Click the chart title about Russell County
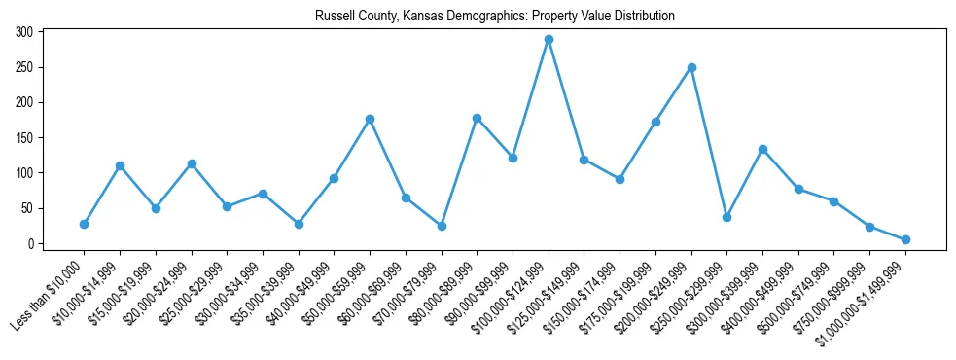point(495,17)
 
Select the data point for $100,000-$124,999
point(549,39)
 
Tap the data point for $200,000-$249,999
point(691,67)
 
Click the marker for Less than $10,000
point(84,224)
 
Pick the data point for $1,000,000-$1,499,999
point(905,239)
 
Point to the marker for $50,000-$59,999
point(370,119)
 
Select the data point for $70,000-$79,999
point(442,226)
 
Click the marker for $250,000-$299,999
point(726,217)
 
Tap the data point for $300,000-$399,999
point(762,149)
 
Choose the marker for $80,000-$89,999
point(477,118)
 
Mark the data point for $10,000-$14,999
point(120,165)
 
